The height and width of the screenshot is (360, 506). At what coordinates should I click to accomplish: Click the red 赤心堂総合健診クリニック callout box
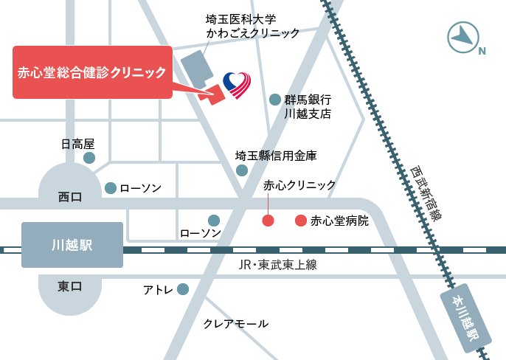click(92, 72)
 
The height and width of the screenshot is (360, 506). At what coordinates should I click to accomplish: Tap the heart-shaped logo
click(237, 86)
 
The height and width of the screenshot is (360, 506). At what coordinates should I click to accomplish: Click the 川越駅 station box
click(72, 245)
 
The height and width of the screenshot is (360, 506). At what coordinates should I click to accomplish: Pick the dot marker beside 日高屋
click(89, 158)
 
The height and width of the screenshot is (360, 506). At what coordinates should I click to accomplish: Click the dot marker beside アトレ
click(183, 290)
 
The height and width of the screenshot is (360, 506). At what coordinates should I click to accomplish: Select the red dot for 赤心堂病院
click(300, 221)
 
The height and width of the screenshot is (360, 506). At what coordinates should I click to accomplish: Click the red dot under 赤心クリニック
click(268, 221)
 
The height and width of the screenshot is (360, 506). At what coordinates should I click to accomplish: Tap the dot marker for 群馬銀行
click(275, 100)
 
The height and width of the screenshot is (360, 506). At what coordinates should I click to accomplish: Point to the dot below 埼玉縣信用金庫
click(241, 170)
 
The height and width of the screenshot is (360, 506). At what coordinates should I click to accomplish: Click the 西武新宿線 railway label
click(426, 193)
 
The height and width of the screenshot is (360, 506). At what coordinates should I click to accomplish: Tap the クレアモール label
click(235, 324)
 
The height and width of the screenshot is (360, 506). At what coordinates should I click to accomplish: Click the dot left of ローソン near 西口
click(111, 188)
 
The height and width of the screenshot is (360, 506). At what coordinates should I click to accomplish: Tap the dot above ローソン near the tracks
click(214, 220)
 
